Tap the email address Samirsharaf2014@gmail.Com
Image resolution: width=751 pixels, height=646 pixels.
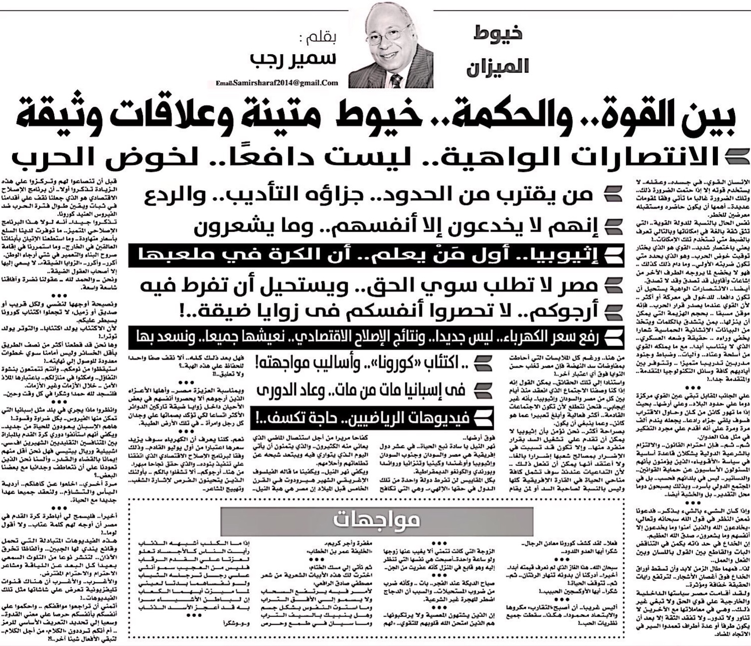[277, 83]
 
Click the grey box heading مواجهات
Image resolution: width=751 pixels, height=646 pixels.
[377, 520]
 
